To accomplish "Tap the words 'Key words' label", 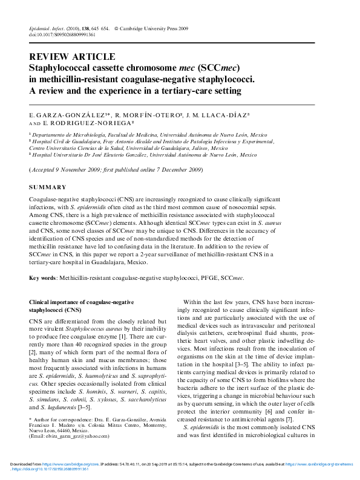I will pos(42,279).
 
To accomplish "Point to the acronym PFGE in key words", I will pos(206,279).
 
